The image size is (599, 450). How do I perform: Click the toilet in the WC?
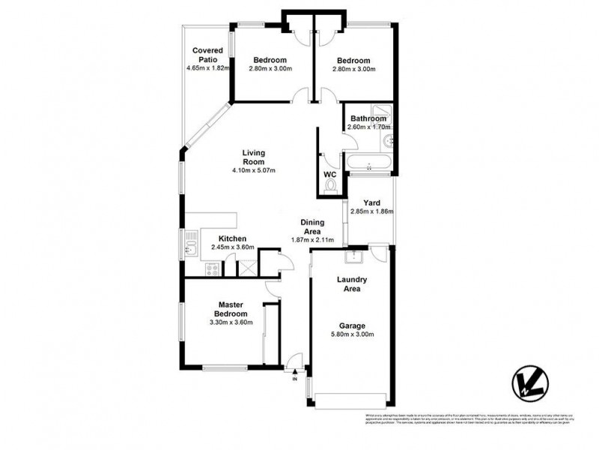pyautogui.click(x=332, y=188)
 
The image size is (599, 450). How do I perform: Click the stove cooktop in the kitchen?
pyautogui.click(x=212, y=268)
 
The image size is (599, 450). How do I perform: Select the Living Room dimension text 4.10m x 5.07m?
pyautogui.click(x=254, y=171)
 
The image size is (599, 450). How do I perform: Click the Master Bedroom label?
pyautogui.click(x=231, y=308)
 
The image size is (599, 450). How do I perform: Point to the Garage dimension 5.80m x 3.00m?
pyautogui.click(x=352, y=335)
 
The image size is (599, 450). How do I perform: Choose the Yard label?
pyautogui.click(x=371, y=203)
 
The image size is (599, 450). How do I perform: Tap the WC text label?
pyautogui.click(x=330, y=175)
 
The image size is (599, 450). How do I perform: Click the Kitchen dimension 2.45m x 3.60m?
pyautogui.click(x=232, y=247)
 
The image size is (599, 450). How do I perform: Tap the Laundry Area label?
pyautogui.click(x=351, y=283)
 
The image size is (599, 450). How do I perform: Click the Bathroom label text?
pyautogui.click(x=368, y=118)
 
